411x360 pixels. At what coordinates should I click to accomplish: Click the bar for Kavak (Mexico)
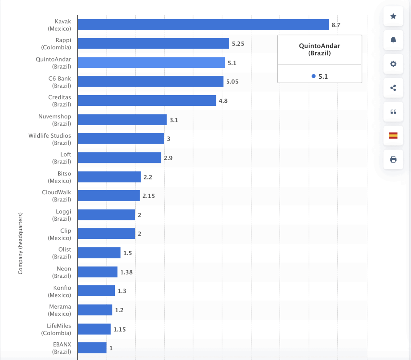point(203,25)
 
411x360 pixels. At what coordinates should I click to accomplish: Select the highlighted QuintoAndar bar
point(151,63)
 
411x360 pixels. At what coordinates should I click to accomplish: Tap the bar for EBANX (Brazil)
point(92,348)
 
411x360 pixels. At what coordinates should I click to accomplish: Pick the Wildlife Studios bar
point(121,138)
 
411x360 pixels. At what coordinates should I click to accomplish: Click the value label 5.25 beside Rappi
point(238,44)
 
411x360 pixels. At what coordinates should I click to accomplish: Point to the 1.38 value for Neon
point(126,272)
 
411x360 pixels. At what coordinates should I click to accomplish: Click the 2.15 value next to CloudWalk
point(149,196)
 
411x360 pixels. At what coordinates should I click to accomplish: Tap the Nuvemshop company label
point(55,120)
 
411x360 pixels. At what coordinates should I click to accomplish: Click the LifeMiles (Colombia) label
point(56,329)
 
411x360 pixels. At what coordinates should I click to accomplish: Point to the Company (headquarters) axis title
point(20,243)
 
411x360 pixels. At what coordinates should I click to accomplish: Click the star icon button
point(393,16)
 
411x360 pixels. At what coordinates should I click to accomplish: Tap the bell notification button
point(393,40)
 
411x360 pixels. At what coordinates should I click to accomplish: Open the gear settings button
point(393,64)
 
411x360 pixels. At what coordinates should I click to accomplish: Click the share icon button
point(393,88)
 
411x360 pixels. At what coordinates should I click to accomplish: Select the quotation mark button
point(393,112)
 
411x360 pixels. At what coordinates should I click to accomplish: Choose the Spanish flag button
point(393,136)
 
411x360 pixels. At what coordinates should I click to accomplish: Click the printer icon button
point(393,159)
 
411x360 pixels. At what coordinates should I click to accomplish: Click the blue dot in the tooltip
point(313,76)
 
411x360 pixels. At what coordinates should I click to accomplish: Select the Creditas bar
point(147,100)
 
